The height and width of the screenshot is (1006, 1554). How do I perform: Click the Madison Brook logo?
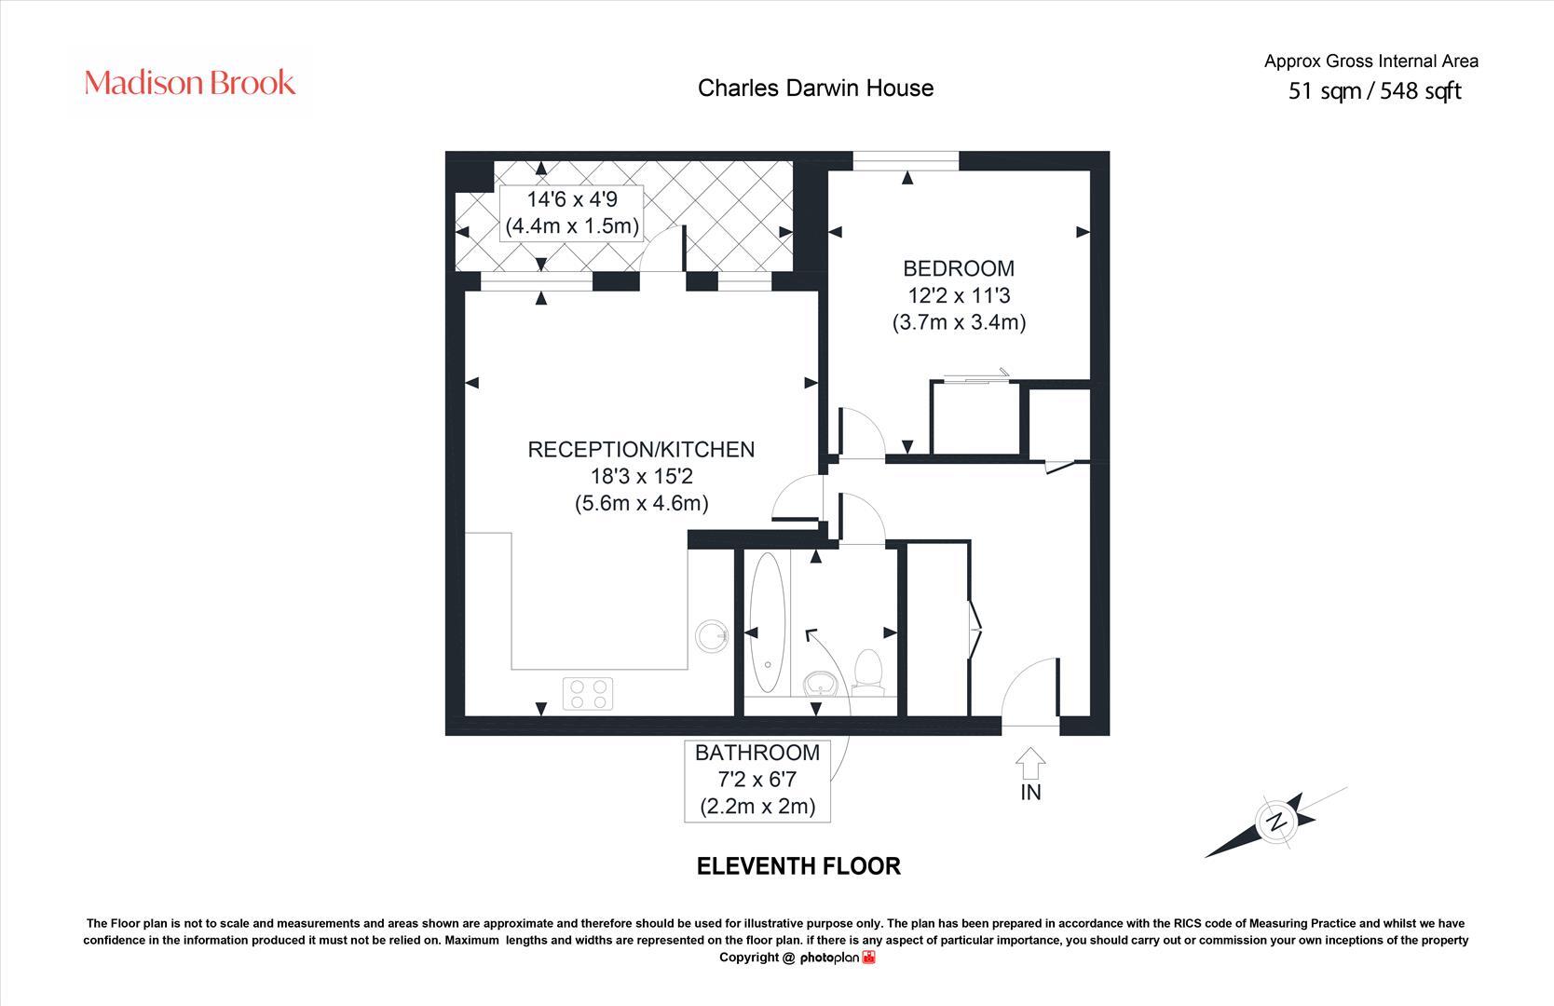coord(190,83)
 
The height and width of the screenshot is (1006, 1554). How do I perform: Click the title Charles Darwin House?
coord(815,88)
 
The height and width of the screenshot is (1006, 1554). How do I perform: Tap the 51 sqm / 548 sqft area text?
coord(1374,91)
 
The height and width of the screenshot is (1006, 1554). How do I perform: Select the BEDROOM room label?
coord(959,268)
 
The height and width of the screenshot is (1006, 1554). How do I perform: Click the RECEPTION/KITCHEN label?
coord(641,449)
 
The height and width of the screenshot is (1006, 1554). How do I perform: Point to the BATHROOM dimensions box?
coord(757,780)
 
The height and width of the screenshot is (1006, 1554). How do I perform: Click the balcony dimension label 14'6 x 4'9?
coord(572,212)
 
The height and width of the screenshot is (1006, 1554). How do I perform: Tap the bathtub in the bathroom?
coord(768,622)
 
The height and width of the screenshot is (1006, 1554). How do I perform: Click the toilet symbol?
coord(868,671)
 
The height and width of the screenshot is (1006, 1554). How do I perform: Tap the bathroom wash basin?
coord(821,684)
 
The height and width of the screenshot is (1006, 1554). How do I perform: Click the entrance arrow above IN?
coord(1030,762)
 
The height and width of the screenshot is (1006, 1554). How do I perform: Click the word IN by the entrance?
coord(1030,793)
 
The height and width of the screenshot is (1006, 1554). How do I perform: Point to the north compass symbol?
coord(1277,822)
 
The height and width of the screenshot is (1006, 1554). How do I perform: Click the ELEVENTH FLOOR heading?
coord(798,866)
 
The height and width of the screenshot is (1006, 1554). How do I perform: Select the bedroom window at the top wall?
coord(906,161)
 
